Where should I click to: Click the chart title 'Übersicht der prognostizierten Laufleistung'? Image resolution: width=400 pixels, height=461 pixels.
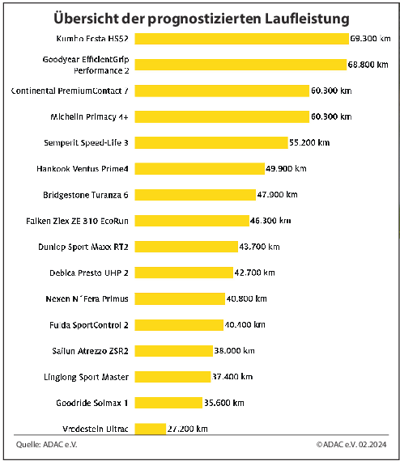coord(202,17)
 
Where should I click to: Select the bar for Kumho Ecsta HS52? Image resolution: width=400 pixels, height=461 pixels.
coord(241,39)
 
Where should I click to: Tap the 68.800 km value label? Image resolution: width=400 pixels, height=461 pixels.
coord(369,65)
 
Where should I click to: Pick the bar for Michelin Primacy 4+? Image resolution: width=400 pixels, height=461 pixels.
coord(222,116)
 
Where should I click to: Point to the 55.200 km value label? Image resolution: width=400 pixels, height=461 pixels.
coord(309,142)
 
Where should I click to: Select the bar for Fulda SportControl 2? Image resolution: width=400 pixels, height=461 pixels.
coord(178,324)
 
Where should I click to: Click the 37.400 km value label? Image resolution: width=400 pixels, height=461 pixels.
coord(232,376)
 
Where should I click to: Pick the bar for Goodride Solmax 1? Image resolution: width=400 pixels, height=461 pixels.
coord(168,402)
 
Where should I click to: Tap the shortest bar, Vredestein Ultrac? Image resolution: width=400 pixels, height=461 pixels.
coord(150,428)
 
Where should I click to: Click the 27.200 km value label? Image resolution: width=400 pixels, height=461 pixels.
coord(188,428)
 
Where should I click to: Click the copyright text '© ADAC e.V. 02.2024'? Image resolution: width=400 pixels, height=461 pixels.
coord(352,445)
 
